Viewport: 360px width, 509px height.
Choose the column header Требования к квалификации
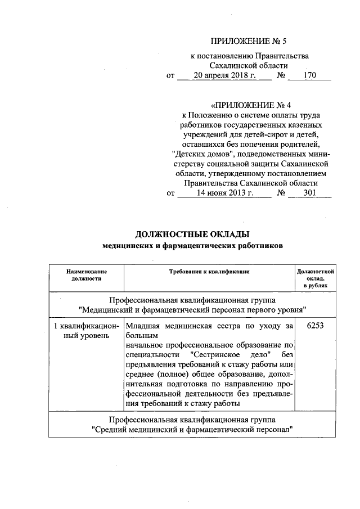pyautogui.click(x=209, y=271)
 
